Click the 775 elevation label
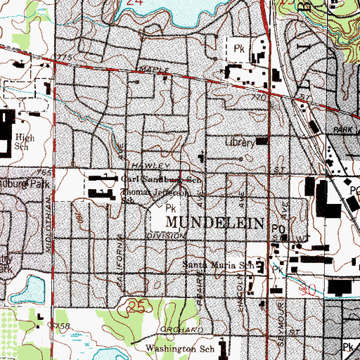point(66,56)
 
